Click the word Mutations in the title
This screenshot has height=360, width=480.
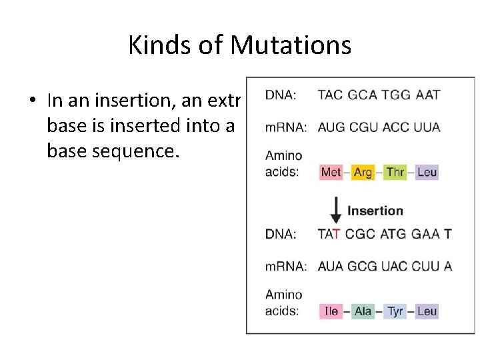[x=291, y=45]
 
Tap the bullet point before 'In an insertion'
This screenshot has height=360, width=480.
[x=31, y=101]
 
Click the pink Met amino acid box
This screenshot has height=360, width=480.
[x=331, y=172]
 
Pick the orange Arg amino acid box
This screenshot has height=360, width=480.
[x=363, y=172]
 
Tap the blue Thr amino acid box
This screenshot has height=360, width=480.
[x=395, y=172]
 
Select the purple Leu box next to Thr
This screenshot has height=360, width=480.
[x=427, y=172]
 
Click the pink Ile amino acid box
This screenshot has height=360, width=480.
[x=331, y=311]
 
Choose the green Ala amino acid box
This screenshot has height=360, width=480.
[x=363, y=311]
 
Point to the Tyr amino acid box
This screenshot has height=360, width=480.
[x=395, y=311]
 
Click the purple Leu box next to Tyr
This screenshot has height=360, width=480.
[x=427, y=311]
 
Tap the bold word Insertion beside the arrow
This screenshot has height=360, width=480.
[x=375, y=211]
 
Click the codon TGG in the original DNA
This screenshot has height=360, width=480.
[x=395, y=95]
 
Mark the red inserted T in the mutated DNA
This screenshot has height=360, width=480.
[x=337, y=233]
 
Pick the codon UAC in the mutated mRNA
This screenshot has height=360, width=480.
[x=395, y=266]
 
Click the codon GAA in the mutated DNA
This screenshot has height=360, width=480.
[x=427, y=233]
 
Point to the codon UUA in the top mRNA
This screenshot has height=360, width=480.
[x=427, y=127]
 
